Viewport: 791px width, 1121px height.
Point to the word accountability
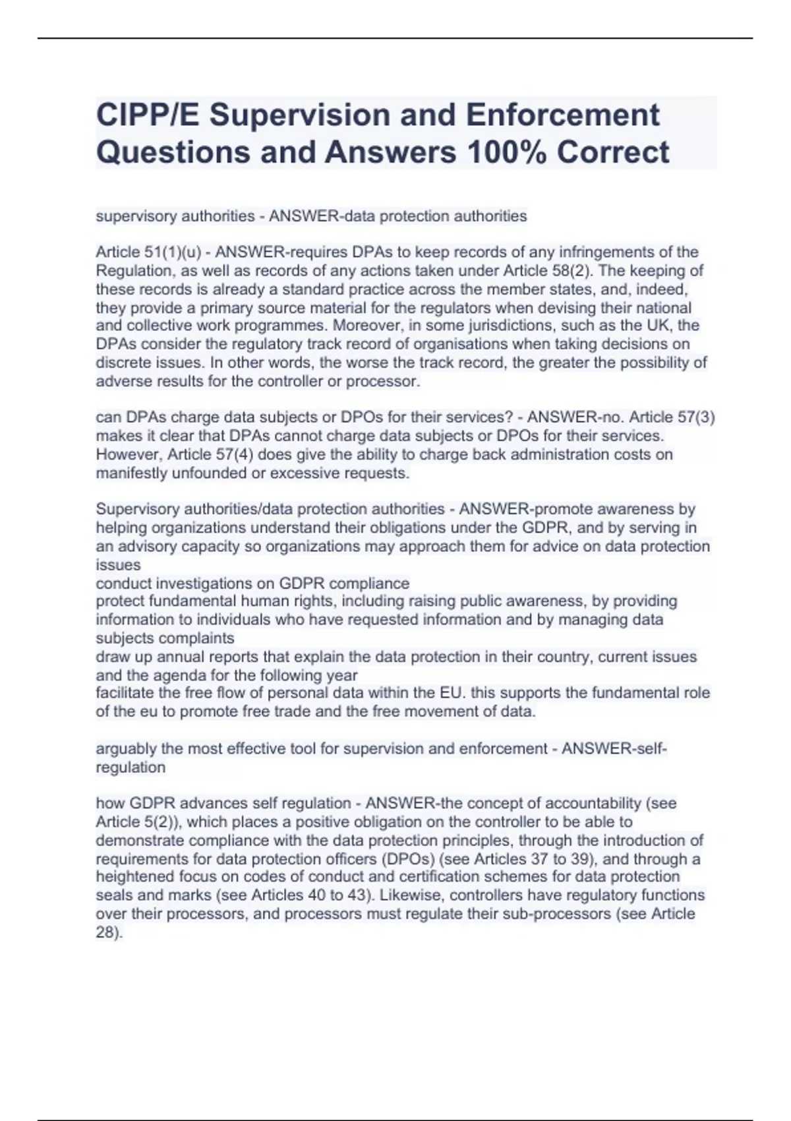(593, 803)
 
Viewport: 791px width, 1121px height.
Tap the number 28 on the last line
(105, 933)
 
